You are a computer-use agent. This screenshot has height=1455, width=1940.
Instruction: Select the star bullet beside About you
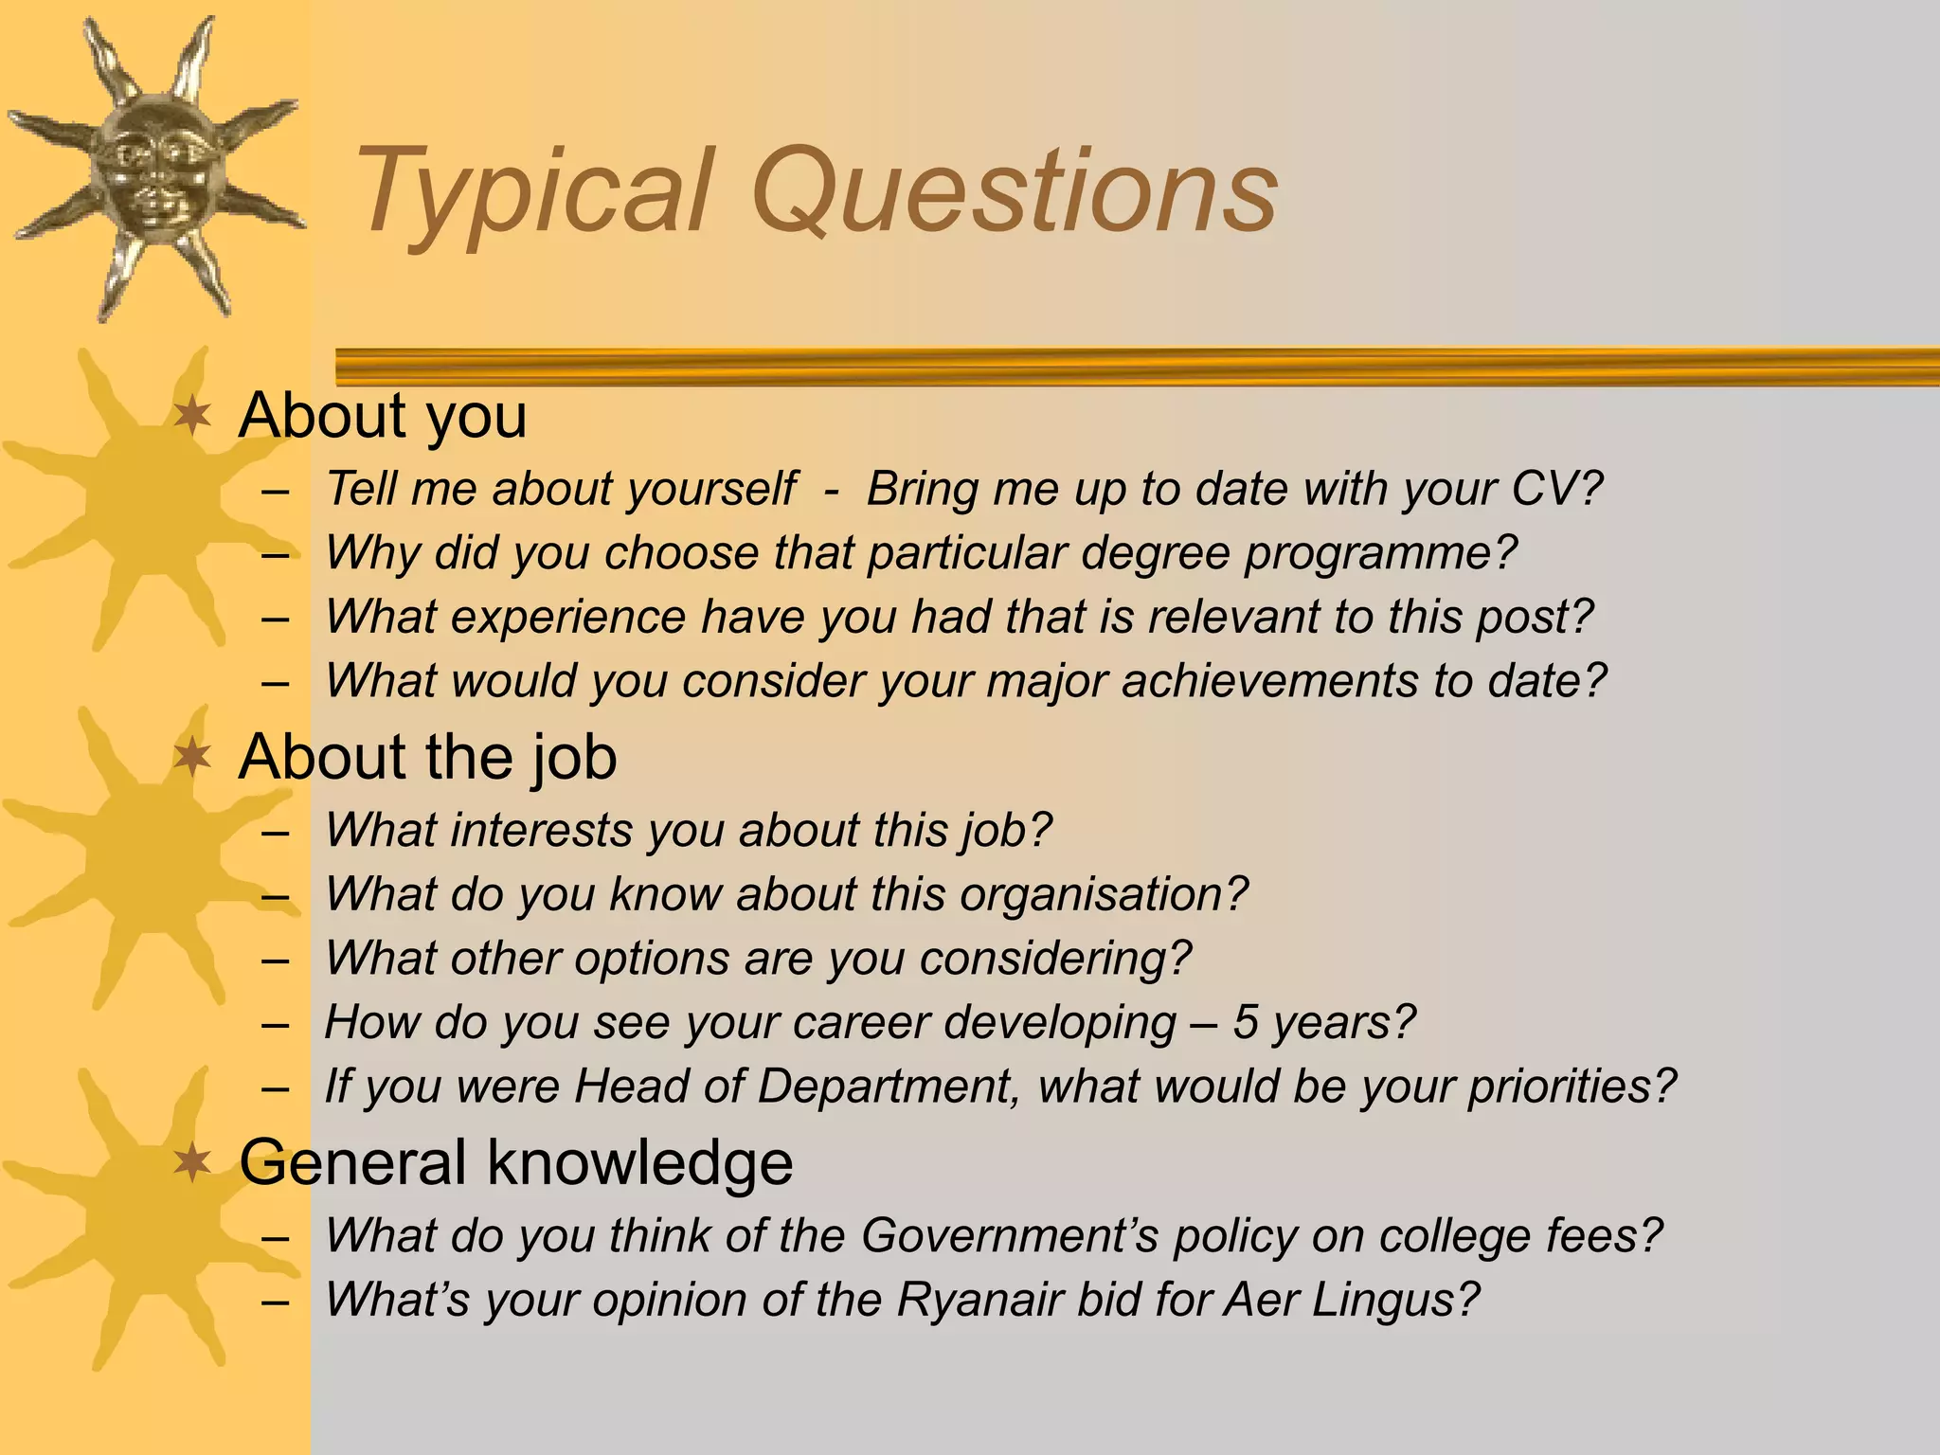[x=193, y=416]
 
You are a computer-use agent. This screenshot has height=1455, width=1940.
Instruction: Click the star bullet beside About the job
[x=193, y=758]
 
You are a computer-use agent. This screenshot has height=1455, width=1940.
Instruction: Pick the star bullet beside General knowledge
[x=193, y=1162]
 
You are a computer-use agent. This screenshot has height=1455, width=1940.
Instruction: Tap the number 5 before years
[x=1245, y=1022]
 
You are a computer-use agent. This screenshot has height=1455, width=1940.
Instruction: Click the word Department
[x=885, y=1087]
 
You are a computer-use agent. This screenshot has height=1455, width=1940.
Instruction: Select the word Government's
[x=1009, y=1235]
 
